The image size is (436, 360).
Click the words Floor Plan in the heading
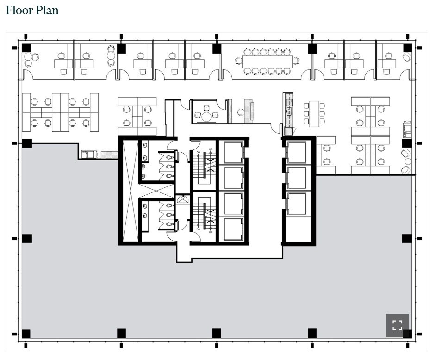[32, 10]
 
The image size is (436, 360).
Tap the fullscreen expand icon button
[397, 325]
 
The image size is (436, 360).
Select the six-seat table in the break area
[314, 113]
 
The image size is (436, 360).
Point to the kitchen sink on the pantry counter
[288, 111]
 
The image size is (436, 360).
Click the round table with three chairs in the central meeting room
[206, 116]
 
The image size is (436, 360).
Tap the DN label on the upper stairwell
[198, 152]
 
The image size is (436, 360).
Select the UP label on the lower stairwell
[211, 232]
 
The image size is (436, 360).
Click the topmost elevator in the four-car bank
[232, 152]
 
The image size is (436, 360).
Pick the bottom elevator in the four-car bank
[232, 229]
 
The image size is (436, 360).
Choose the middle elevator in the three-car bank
[296, 178]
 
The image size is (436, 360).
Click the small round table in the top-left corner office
[28, 57]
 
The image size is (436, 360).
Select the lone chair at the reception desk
[240, 112]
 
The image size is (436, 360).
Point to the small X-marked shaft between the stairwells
[182, 199]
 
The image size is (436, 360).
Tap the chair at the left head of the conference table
[238, 60]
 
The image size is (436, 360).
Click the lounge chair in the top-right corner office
[407, 57]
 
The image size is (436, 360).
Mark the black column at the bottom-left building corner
[26, 334]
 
